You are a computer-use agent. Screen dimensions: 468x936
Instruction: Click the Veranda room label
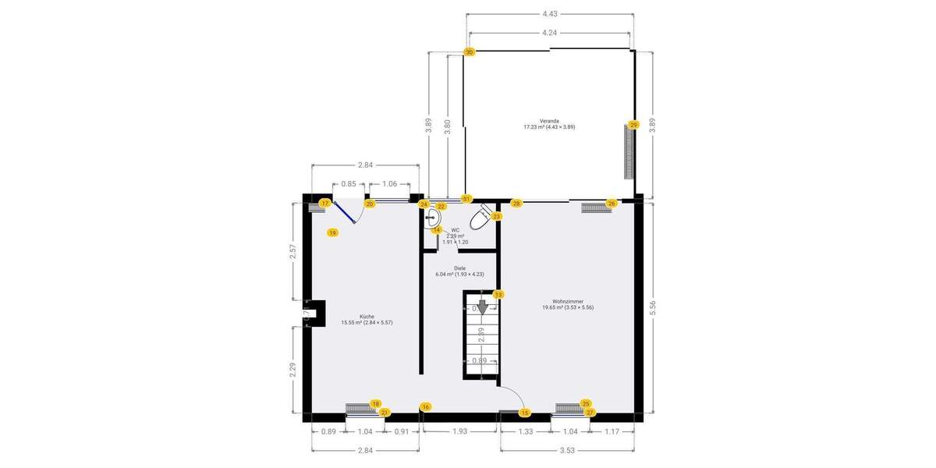coord(548,124)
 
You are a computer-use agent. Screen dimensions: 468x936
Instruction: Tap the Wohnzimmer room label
coord(568,304)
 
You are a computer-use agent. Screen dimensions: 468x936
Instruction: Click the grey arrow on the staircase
coord(482,307)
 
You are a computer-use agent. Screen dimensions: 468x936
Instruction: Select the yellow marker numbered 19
coord(332,232)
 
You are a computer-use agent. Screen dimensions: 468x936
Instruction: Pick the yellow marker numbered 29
coord(633,125)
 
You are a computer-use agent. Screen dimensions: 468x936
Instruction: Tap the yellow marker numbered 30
coord(470,51)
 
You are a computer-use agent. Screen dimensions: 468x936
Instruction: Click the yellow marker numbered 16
coord(425,406)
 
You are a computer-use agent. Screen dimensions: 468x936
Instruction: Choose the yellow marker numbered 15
coord(525,413)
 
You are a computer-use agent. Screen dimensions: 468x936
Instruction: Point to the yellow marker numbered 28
coord(516,203)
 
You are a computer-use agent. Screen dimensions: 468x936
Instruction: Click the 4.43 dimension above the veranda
coord(550,13)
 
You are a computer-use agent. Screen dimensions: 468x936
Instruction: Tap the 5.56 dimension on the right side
coord(652,307)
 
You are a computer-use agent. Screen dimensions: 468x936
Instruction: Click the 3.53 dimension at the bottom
coord(568,449)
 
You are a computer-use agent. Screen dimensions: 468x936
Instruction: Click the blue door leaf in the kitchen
coord(344,211)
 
